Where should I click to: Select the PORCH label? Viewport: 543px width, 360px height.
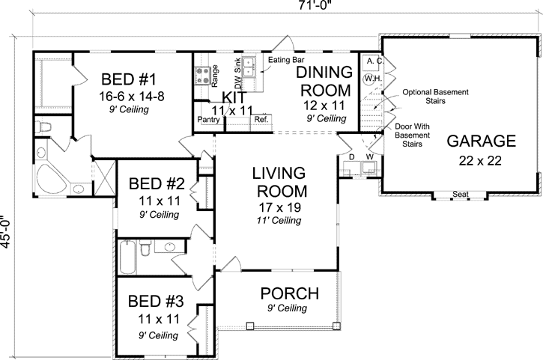[x=289, y=293]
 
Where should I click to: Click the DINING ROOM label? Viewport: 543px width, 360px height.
[x=325, y=81]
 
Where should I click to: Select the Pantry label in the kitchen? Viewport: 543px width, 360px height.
[x=207, y=119]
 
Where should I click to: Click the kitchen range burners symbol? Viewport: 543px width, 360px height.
[x=201, y=74]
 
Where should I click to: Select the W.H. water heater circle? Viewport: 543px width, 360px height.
[x=371, y=78]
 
